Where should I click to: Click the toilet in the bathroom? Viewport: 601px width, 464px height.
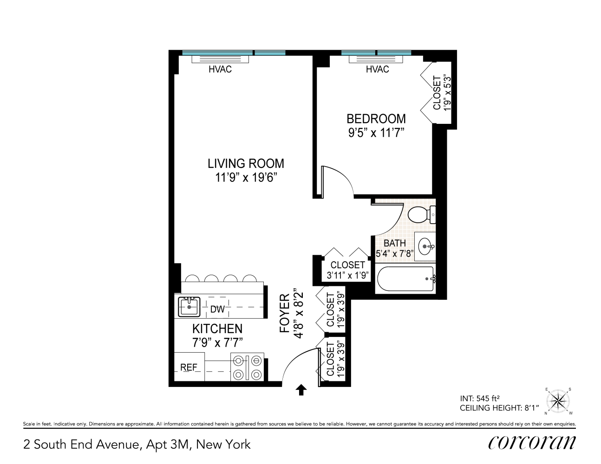pyautogui.click(x=420, y=214)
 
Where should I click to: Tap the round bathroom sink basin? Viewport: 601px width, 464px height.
pyautogui.click(x=426, y=246)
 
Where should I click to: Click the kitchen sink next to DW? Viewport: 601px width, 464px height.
pyautogui.click(x=189, y=306)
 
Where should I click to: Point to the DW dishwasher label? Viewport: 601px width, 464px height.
pyautogui.click(x=217, y=309)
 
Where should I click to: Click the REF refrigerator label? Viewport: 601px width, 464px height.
pyautogui.click(x=189, y=367)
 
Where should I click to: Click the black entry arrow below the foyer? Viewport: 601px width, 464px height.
pyautogui.click(x=301, y=390)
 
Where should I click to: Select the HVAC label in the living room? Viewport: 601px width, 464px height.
pyautogui.click(x=220, y=70)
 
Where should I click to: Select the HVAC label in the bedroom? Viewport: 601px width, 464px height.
pyautogui.click(x=377, y=70)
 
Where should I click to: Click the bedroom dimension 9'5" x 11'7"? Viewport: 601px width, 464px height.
pyautogui.click(x=376, y=133)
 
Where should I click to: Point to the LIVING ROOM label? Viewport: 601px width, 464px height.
pyautogui.click(x=246, y=163)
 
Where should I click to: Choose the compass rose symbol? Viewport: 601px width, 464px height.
pyautogui.click(x=558, y=400)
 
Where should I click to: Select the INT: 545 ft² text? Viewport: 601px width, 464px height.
pyautogui.click(x=480, y=398)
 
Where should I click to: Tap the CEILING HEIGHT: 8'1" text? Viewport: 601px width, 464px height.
pyautogui.click(x=499, y=408)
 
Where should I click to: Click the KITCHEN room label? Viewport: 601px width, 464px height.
pyautogui.click(x=217, y=329)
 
